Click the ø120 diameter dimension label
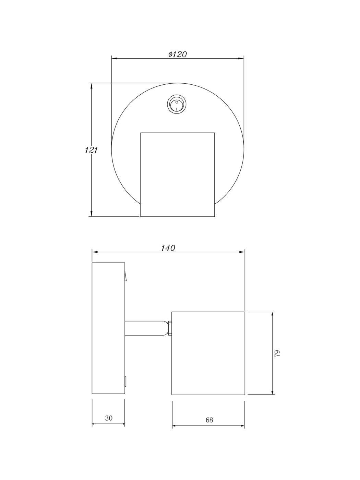click(x=178, y=54)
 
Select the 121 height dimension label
click(x=91, y=150)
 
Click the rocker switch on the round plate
click(x=176, y=103)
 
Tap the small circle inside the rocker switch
click(x=177, y=102)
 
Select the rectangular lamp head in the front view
click(x=178, y=175)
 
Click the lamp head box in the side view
click(x=208, y=353)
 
